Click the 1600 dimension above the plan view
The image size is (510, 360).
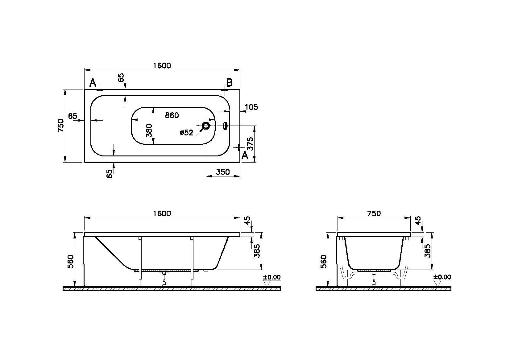(162, 66)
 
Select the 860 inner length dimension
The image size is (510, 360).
(172, 115)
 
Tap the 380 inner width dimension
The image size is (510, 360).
(149, 130)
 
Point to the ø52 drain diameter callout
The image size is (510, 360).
(186, 133)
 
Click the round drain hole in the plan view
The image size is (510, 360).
(206, 126)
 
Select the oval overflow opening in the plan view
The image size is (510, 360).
(225, 126)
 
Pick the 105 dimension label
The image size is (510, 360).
(251, 107)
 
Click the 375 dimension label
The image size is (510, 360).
(250, 144)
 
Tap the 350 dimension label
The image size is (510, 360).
(223, 172)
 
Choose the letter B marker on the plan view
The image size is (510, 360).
(229, 83)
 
